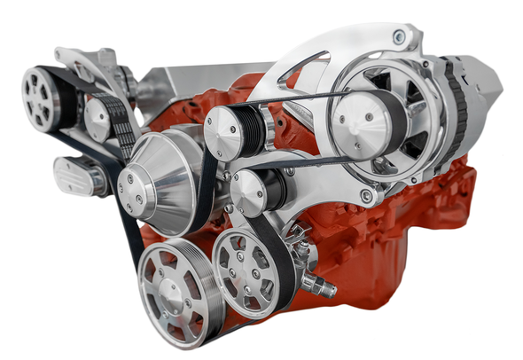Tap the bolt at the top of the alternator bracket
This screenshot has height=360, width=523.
399,36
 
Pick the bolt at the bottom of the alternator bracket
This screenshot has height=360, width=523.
365,196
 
